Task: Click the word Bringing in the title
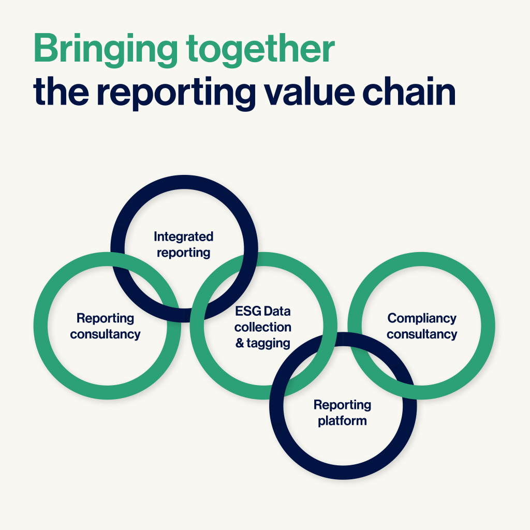[106, 50]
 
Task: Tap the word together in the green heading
[260, 50]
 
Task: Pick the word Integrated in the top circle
[184, 237]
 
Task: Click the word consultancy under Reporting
[105, 334]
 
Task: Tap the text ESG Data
[262, 311]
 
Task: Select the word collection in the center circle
[262, 327]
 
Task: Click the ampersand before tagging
[240, 343]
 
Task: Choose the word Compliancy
[422, 318]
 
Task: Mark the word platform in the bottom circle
[343, 421]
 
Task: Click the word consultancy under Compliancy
[422, 334]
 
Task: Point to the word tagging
[269, 344]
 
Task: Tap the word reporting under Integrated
[184, 253]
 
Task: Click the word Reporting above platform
[343, 405]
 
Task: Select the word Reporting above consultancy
[105, 318]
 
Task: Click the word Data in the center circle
[277, 311]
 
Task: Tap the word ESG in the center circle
[248, 311]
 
